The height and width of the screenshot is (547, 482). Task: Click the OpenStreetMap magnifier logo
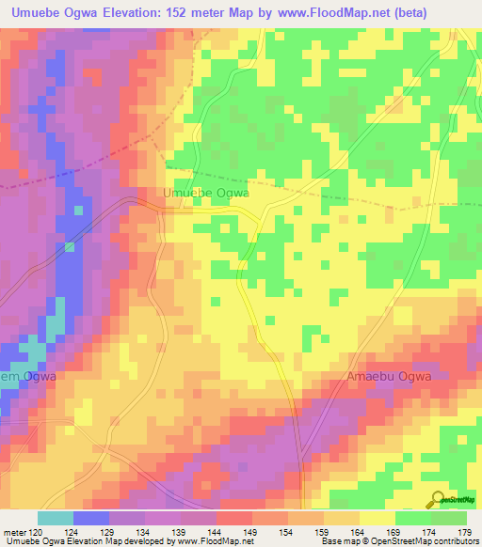point(440,500)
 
